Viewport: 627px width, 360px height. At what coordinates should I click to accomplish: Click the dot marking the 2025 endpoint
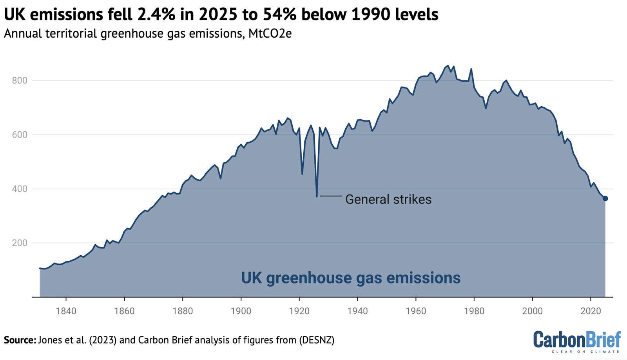point(605,198)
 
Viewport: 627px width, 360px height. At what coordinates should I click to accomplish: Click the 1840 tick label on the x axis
point(66,311)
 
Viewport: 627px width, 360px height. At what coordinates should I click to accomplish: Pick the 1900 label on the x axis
point(241,311)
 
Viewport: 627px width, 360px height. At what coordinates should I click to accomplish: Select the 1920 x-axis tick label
point(299,311)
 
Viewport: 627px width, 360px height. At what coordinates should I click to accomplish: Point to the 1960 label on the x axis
point(416,311)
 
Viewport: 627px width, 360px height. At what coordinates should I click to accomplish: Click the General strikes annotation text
point(388,199)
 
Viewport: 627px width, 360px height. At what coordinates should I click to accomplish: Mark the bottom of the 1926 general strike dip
point(317,196)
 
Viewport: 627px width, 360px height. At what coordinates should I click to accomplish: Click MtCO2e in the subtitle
point(270,34)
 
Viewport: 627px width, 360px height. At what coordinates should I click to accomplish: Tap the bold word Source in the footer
point(20,340)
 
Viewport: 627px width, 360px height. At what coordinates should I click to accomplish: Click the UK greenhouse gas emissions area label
point(350,278)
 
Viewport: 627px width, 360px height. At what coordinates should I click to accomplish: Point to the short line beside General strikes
point(331,196)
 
